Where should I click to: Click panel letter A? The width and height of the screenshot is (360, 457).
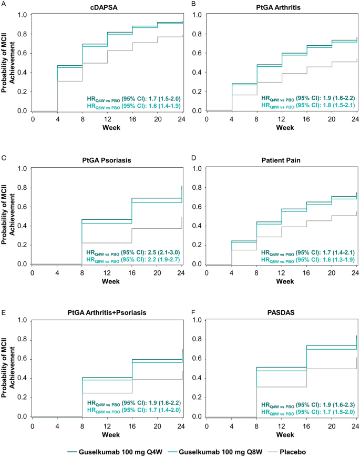(4, 4)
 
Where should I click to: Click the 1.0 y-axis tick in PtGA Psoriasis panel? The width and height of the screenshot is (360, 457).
(23, 169)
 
